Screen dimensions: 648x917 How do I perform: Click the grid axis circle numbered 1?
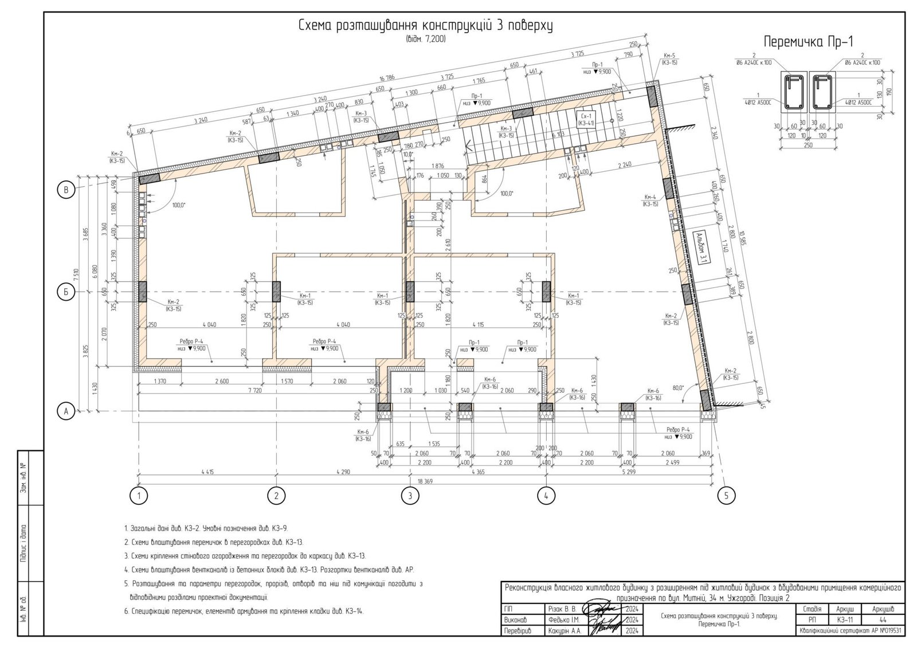tap(138, 495)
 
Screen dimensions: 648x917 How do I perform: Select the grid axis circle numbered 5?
tap(726, 495)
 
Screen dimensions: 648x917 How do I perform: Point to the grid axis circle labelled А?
tap(66, 411)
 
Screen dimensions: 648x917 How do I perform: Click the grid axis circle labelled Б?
tap(66, 292)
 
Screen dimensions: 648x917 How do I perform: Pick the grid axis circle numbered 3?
tap(409, 495)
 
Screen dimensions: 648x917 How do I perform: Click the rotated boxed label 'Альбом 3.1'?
tap(701, 248)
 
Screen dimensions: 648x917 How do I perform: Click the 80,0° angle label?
tap(679, 388)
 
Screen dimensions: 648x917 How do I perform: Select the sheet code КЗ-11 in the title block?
tap(845, 619)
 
